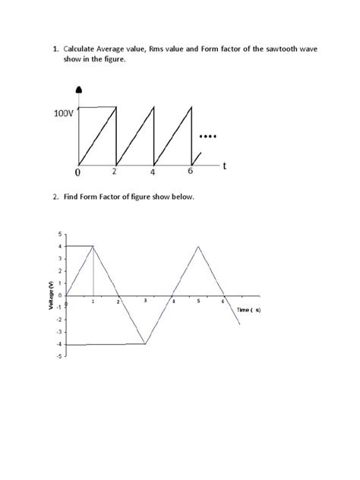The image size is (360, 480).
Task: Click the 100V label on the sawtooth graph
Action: tap(65, 114)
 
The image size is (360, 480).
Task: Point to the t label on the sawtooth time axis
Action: tap(225, 168)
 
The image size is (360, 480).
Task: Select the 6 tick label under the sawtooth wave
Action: tap(191, 172)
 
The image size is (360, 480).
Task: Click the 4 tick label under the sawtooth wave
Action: tap(153, 172)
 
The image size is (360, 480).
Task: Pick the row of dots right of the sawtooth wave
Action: tap(207, 137)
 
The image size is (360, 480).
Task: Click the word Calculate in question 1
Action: tap(84, 49)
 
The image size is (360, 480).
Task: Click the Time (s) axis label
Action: tap(248, 310)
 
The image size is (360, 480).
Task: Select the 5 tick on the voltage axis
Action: tap(60, 234)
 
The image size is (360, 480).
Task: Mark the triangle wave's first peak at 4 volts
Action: tap(93, 246)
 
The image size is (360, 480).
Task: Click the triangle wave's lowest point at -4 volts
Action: tap(145, 344)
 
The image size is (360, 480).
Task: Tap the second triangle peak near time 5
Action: tap(198, 246)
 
